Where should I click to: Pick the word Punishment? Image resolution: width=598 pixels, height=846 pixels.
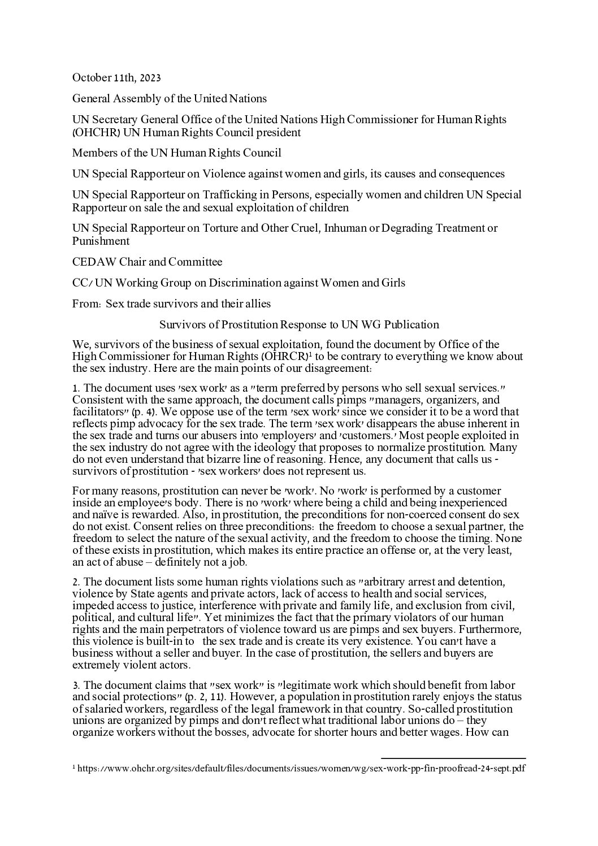click(101, 241)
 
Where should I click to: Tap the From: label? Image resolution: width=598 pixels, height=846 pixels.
click(86, 303)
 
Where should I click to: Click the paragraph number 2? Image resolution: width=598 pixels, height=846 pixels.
click(76, 582)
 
